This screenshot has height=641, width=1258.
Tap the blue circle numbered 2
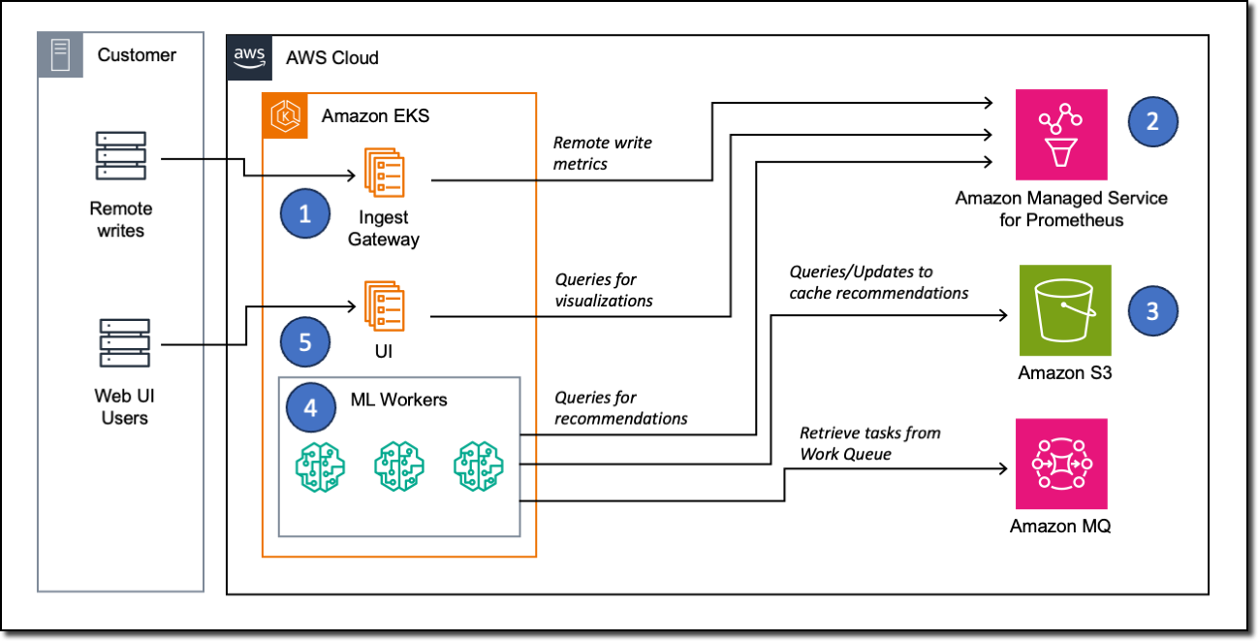[1152, 122]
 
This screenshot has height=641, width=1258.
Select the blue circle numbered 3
[1152, 311]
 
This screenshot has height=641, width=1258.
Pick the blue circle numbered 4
[310, 408]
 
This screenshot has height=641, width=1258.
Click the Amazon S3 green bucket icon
[1064, 310]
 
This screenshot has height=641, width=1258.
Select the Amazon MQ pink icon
[1061, 464]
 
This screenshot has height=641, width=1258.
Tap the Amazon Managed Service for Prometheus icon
[1061, 135]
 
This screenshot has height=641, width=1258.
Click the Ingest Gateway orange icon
[384, 173]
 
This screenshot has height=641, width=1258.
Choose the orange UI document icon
[384, 305]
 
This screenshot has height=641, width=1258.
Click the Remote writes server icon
[121, 156]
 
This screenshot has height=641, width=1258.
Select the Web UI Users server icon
[125, 342]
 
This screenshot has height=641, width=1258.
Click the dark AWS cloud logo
[249, 57]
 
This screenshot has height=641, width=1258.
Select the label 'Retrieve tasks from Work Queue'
[869, 443]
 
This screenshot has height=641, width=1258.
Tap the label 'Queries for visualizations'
[603, 290]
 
